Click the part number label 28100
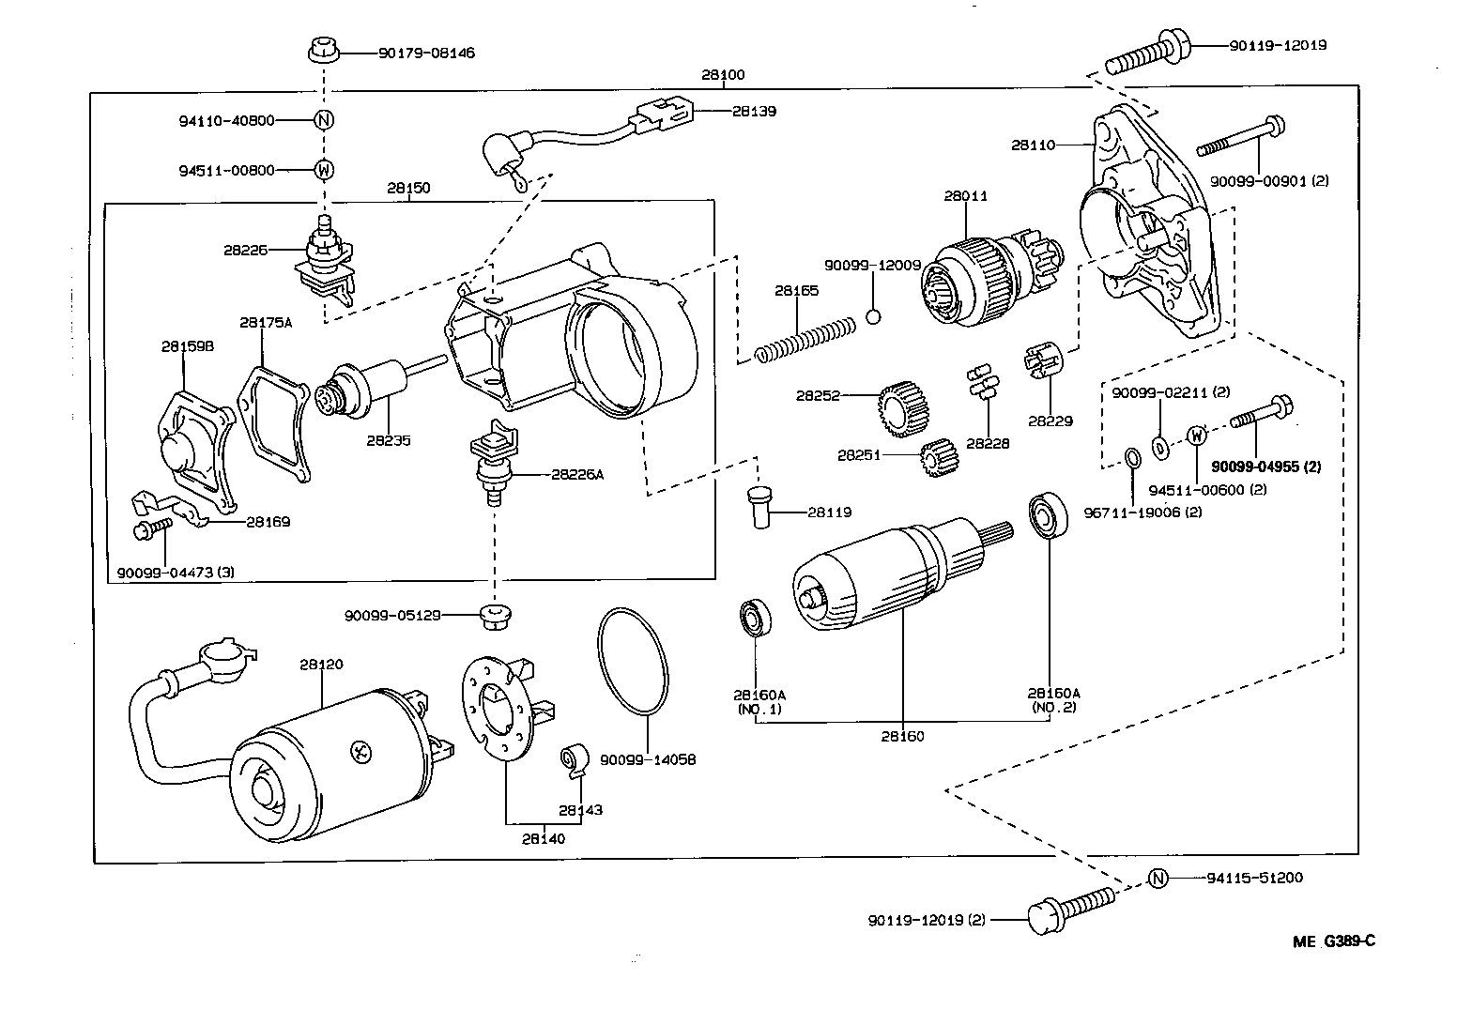coord(723,74)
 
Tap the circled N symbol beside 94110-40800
coord(323,120)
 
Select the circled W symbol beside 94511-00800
coord(323,170)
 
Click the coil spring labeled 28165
coord(806,339)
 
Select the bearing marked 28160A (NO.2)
coord(1043,514)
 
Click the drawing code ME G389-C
coord(1333,941)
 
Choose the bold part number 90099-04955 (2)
coord(1265,467)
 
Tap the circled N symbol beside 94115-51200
coord(1158,879)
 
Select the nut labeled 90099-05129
coord(493,617)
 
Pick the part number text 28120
coord(321,664)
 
